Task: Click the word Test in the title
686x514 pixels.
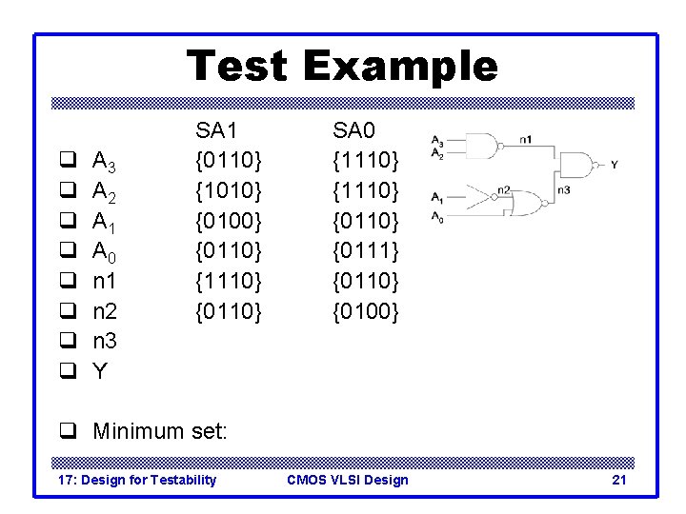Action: coord(238,67)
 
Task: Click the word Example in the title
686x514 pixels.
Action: coord(399,67)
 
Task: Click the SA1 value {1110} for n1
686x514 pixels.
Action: coord(229,280)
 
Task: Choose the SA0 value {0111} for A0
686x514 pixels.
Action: coord(366,250)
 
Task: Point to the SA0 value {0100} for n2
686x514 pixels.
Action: coord(366,310)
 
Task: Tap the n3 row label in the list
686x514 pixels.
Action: coord(105,340)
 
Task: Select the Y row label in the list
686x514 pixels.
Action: coord(99,370)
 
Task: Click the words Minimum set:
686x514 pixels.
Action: coord(160,431)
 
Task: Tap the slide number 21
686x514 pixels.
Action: coord(618,480)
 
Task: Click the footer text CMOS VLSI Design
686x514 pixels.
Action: coord(348,480)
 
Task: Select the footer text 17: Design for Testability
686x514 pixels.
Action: coord(137,480)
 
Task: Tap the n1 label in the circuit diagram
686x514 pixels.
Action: coord(526,139)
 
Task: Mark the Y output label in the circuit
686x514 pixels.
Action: coord(615,165)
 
